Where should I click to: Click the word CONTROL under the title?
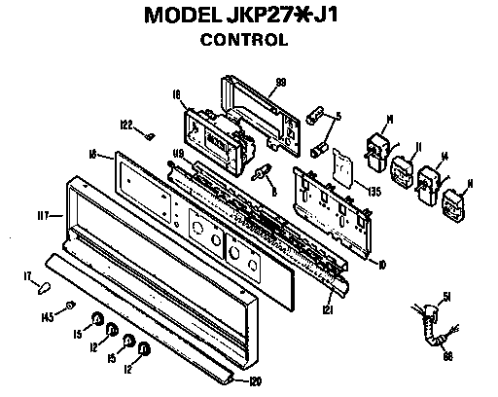(x=243, y=41)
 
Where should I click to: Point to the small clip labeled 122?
(x=149, y=135)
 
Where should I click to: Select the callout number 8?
(x=276, y=192)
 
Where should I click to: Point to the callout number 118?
(x=178, y=151)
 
